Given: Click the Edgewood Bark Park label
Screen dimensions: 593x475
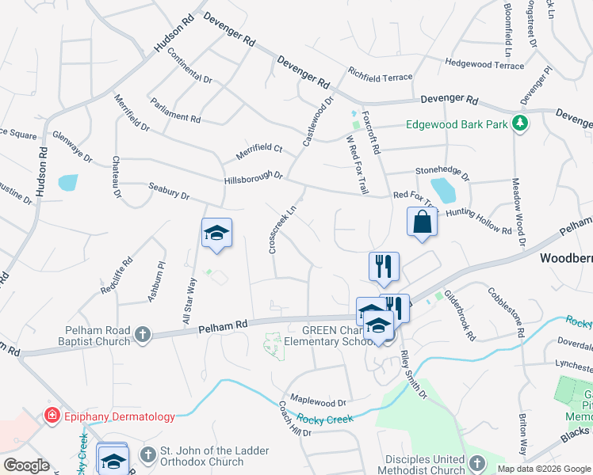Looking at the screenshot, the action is (457, 124).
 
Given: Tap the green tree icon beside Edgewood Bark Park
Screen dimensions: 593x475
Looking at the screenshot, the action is (520, 123).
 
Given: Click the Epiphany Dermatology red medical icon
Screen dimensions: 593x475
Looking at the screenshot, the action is (52, 415).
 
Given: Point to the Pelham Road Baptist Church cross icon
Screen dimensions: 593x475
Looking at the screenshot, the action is (143, 334).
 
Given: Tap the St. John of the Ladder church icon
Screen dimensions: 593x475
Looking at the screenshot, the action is (147, 454).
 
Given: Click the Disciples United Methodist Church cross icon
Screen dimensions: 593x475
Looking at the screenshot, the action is (476, 463).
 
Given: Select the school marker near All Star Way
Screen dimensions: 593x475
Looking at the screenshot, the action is (216, 234).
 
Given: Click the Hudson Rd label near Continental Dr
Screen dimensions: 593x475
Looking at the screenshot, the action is (174, 34).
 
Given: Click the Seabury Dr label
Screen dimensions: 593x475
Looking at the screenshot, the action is (169, 191).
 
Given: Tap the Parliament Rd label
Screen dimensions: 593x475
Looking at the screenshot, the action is (175, 111).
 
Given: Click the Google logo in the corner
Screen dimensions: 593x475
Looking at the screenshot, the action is (26, 465).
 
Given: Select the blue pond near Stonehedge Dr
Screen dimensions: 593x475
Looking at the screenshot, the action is (443, 190).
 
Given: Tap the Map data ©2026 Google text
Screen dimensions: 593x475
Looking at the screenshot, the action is (543, 469).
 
